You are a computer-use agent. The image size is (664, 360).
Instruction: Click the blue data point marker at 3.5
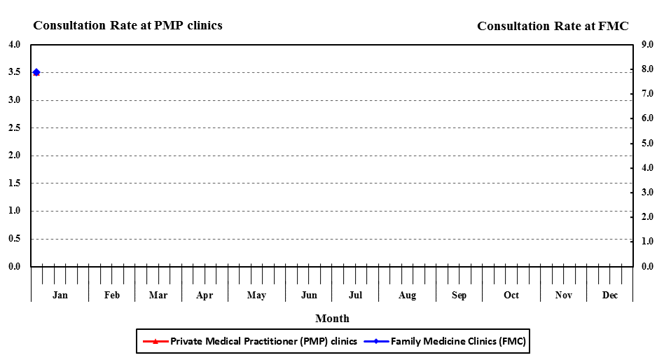click(x=36, y=72)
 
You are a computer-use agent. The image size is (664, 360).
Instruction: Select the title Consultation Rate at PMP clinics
click(x=127, y=26)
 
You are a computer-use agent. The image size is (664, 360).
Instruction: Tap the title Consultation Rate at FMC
click(x=553, y=27)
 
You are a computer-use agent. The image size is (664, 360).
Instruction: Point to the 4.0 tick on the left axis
click(x=15, y=45)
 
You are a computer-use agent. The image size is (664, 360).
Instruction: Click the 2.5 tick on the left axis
click(x=15, y=128)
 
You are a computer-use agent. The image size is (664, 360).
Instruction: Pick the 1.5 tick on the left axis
click(x=15, y=184)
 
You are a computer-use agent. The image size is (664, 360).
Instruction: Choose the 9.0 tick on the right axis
click(x=648, y=45)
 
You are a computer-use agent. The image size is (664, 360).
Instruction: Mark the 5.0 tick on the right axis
click(x=648, y=144)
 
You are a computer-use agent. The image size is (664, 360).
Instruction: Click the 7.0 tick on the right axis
click(x=648, y=95)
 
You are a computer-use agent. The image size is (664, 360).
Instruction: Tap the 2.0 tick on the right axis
click(x=648, y=217)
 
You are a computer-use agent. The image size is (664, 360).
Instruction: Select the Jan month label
click(x=60, y=296)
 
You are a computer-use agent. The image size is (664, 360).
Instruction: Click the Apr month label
click(x=205, y=296)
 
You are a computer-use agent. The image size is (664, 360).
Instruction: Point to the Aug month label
click(x=407, y=296)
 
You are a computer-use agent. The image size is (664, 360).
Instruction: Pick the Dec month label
click(x=610, y=296)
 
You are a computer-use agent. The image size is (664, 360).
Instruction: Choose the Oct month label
click(x=511, y=296)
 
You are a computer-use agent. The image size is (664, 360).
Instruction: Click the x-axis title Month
click(x=332, y=319)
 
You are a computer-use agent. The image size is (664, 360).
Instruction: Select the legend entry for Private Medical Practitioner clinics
click(x=263, y=342)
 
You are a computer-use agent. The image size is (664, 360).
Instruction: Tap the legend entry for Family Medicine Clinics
click(x=458, y=342)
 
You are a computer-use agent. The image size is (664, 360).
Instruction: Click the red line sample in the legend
click(x=155, y=342)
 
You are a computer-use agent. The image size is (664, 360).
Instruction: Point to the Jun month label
click(x=309, y=296)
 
